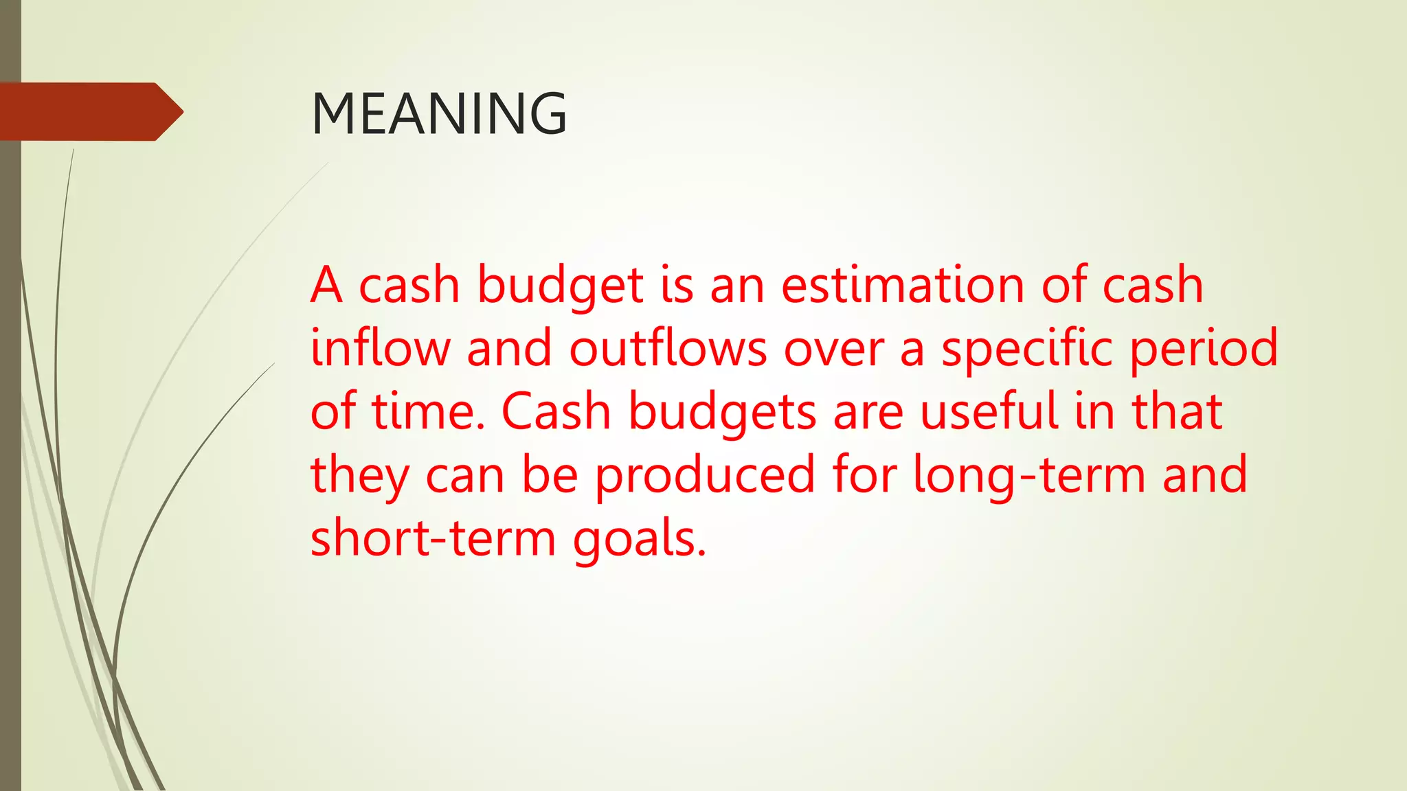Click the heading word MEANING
439,113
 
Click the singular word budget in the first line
561,286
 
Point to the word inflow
380,347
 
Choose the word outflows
668,347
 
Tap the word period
1204,349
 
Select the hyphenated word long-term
1028,475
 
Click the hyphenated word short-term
433,538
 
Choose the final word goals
638,539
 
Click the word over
834,349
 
